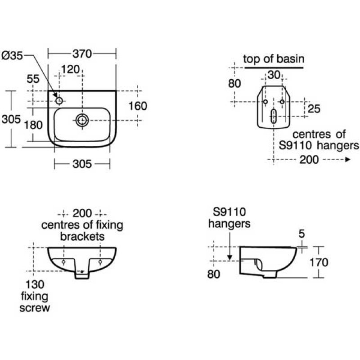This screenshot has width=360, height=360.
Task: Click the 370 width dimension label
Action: [82, 54]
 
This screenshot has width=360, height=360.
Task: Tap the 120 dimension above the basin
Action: [70, 69]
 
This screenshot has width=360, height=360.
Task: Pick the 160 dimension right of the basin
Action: [137, 106]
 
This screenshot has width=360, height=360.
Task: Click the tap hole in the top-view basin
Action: [59, 100]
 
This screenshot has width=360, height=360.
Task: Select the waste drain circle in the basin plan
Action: [82, 119]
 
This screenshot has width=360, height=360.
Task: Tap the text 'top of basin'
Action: [274, 58]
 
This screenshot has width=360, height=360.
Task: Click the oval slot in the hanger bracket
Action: [274, 116]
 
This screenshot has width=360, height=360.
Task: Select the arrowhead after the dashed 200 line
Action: [347, 159]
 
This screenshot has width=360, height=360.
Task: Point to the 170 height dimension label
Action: [332, 262]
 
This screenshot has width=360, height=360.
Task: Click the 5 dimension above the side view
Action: [301, 234]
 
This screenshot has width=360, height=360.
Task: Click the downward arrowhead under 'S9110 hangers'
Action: [229, 257]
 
